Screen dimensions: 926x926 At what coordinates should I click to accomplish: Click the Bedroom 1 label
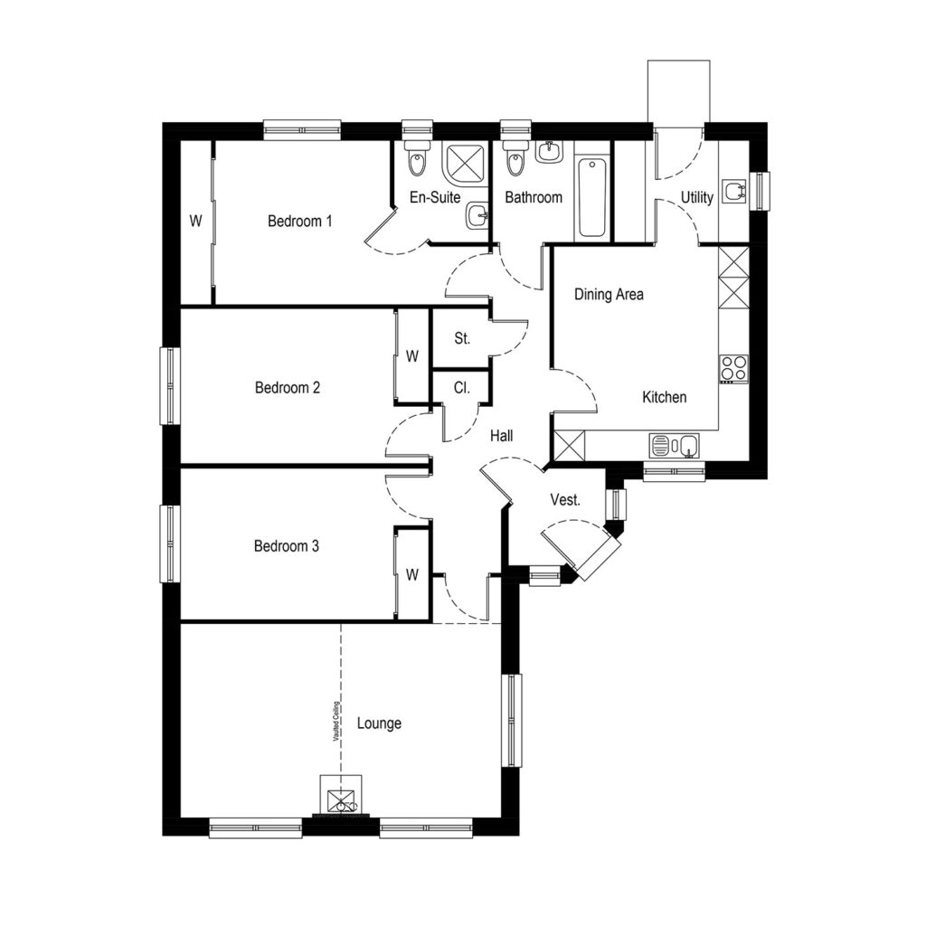[300, 221]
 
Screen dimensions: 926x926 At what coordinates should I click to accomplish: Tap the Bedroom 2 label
[288, 388]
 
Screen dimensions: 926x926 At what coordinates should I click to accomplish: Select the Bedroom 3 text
[287, 546]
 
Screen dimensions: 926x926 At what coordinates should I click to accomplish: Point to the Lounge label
[379, 723]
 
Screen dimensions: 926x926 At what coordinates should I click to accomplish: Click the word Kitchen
[664, 397]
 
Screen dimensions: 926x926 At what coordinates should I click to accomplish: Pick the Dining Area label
[609, 294]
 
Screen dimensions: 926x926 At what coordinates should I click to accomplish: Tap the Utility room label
[697, 197]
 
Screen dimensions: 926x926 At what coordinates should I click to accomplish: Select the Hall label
[502, 436]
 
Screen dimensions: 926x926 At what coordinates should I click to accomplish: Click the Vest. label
[565, 499]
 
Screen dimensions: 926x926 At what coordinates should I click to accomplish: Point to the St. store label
[462, 340]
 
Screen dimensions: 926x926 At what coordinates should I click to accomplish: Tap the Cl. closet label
[461, 388]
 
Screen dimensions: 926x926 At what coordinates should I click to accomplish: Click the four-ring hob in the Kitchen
[732, 368]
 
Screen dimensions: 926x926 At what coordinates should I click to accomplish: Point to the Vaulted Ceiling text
[335, 722]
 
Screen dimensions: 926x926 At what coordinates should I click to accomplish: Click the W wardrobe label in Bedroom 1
[194, 221]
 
